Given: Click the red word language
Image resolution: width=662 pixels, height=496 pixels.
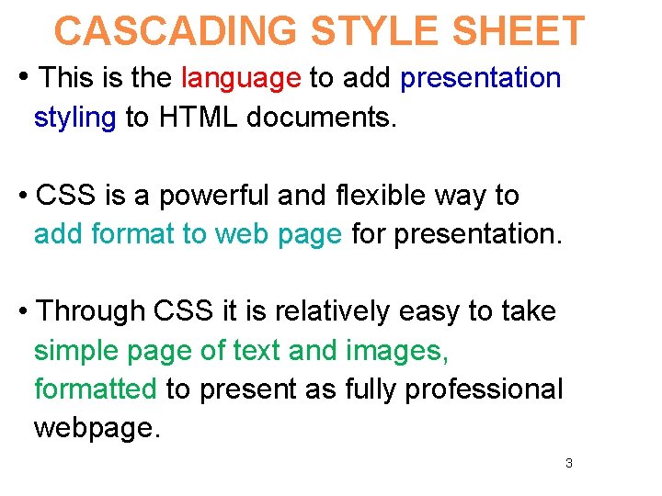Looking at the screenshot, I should [241, 78].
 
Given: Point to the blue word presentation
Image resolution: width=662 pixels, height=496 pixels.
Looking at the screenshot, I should [480, 78].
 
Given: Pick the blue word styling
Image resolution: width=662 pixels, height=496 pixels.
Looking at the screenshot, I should [74, 118].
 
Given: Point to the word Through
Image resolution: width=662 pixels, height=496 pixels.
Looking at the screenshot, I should [91, 311].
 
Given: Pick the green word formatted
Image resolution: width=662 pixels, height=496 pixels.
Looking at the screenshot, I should [95, 389].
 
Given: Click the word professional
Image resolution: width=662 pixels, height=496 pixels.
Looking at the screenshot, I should [484, 389].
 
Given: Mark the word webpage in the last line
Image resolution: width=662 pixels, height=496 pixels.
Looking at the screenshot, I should [94, 429].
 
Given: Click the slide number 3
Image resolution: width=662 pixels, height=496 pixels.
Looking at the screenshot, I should [568, 463].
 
